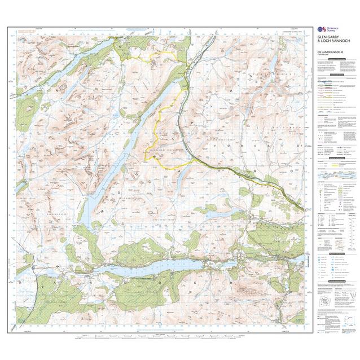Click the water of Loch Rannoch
click(169, 264)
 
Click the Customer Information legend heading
click(332, 58)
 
